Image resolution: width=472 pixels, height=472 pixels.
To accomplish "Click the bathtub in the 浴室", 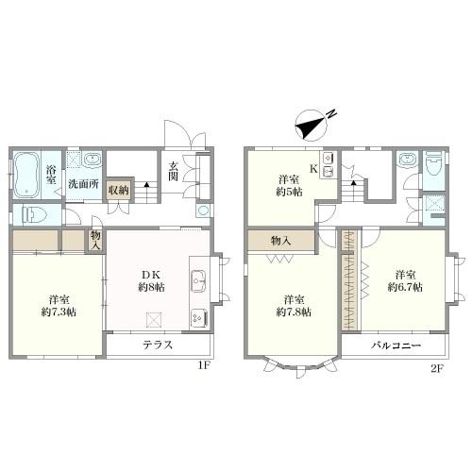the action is [26, 176].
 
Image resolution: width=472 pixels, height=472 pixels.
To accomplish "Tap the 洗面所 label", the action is [83, 184].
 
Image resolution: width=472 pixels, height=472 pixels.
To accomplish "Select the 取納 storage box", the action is [119, 190].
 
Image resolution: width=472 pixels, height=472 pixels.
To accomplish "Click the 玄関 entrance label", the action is [173, 172].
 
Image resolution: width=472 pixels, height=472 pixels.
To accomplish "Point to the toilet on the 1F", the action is [34, 215].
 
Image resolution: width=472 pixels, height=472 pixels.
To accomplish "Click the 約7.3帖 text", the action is [59, 312].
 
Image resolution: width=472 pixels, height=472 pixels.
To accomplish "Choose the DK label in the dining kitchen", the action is [151, 275].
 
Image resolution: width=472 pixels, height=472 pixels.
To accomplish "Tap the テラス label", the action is [158, 345].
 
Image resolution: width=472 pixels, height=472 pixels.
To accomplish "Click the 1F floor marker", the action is [204, 365].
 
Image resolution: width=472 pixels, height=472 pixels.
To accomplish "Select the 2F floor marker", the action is [437, 368].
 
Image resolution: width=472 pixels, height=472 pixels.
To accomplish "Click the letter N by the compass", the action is [331, 114].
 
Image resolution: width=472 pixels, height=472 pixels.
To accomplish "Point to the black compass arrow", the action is [309, 127].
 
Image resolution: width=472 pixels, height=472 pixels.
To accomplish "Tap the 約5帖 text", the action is [289, 192].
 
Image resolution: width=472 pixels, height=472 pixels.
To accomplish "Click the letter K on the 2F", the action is [313, 169].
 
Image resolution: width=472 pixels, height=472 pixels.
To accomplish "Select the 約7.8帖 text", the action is [294, 312].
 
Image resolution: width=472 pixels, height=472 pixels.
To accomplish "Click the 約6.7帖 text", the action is [405, 287].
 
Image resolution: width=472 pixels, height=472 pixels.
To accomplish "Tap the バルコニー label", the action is [396, 346].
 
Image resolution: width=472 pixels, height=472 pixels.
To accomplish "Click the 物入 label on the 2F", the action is [280, 241].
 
